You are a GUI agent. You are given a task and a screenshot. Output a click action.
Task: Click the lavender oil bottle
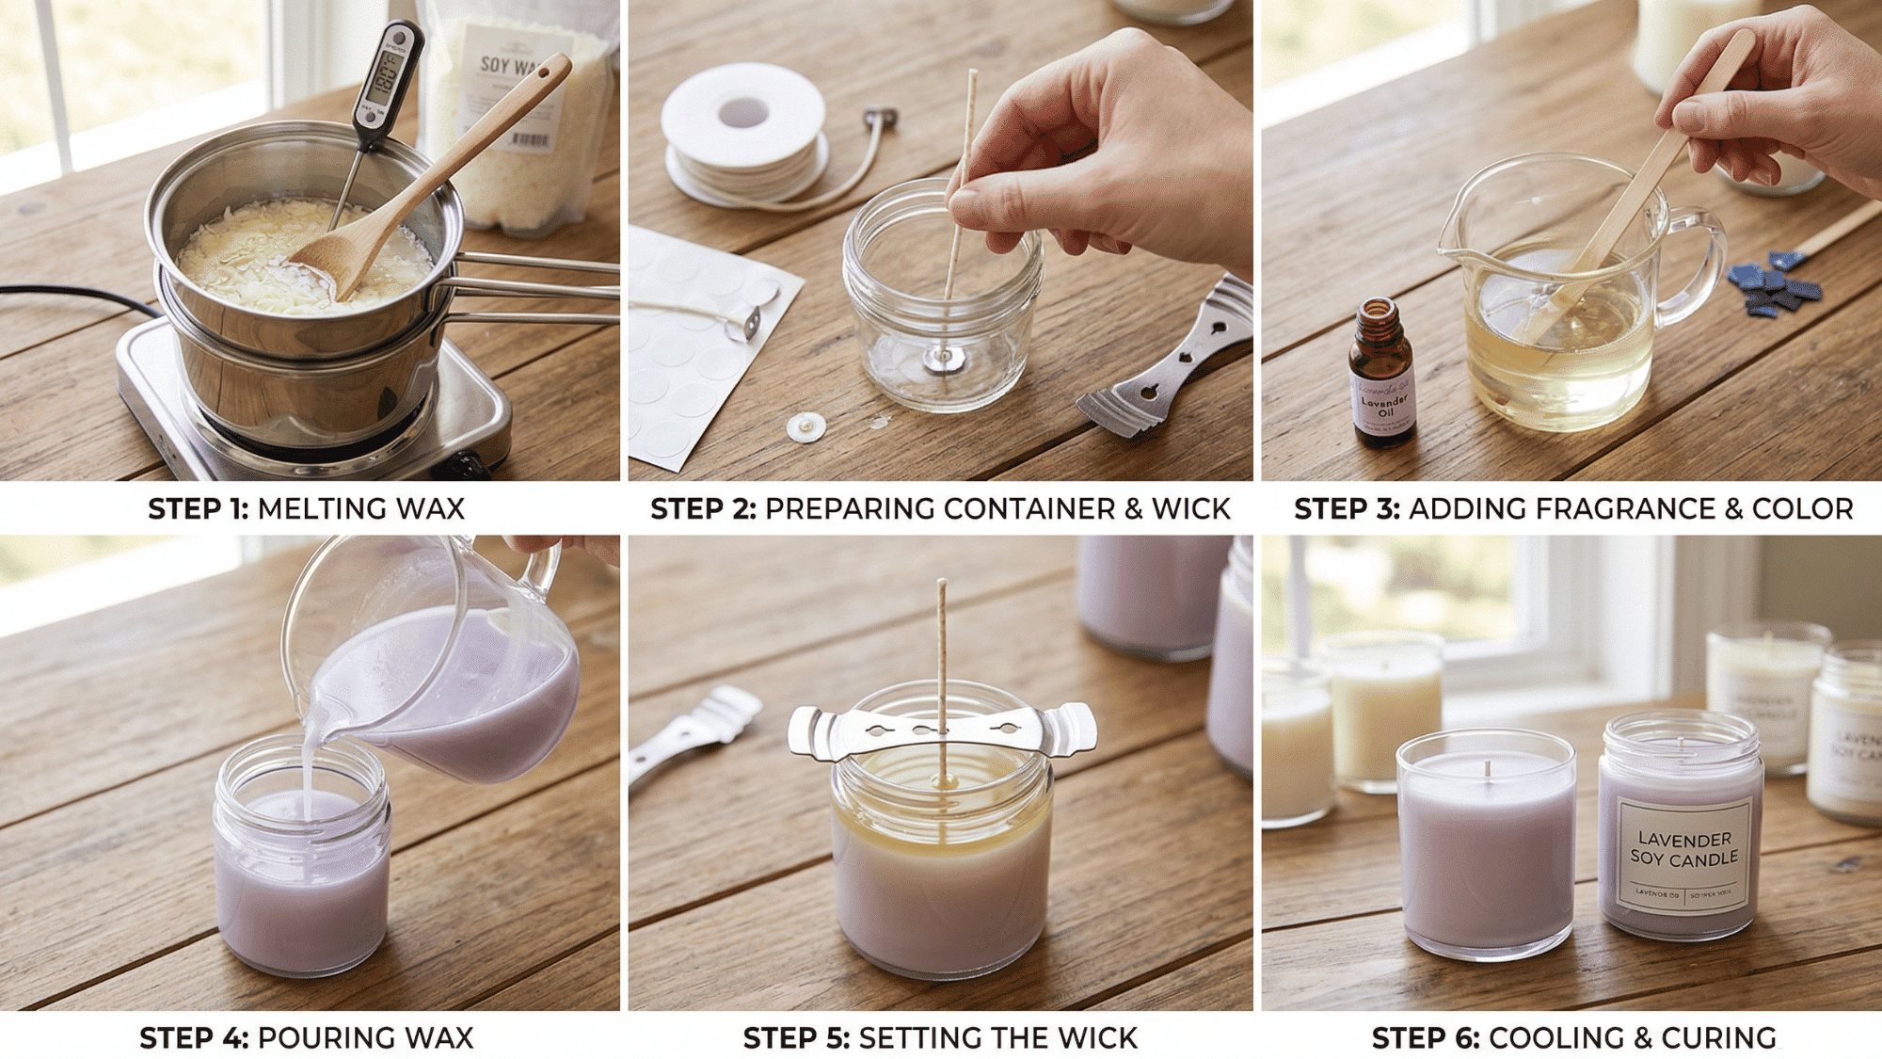[1381, 377]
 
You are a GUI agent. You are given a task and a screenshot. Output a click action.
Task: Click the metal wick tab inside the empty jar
[938, 358]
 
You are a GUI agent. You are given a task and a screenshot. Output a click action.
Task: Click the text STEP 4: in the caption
[194, 1038]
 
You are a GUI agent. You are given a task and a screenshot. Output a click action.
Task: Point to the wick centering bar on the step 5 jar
[941, 730]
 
